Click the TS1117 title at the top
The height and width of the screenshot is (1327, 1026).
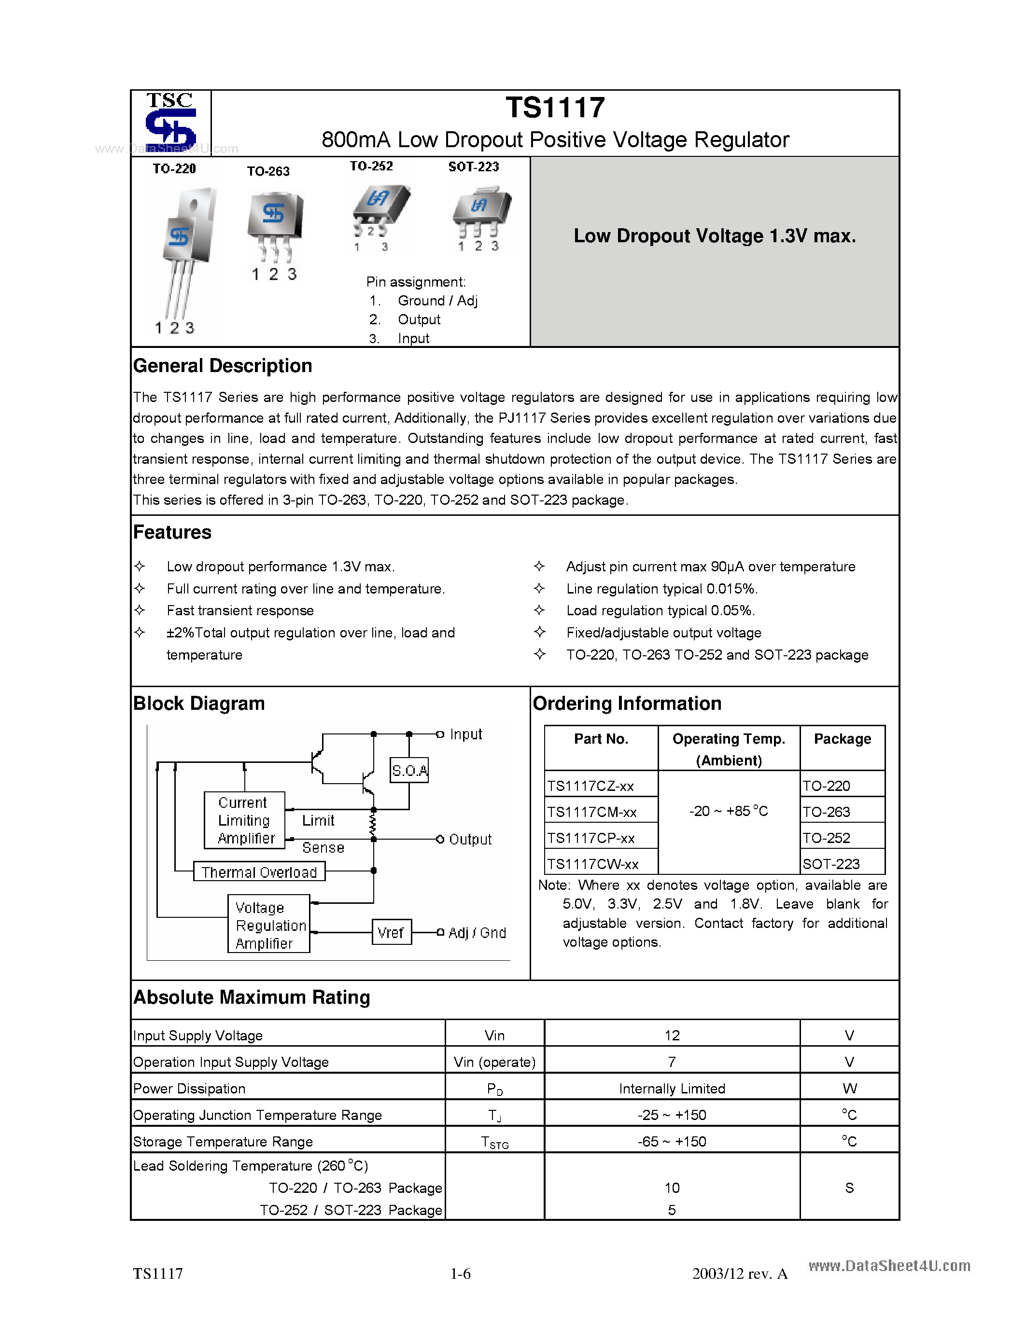pos(555,108)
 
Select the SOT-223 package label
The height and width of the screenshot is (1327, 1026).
pos(474,166)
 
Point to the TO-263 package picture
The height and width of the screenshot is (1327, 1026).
pos(275,225)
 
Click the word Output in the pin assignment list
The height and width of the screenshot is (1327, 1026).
pos(419,319)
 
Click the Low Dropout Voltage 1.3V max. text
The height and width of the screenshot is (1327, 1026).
pos(714,236)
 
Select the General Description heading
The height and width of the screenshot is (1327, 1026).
pos(223,366)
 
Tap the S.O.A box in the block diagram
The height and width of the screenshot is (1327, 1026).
pos(409,771)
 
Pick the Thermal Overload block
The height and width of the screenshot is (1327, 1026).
pos(259,872)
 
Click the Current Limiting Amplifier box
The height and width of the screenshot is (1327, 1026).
pos(244,820)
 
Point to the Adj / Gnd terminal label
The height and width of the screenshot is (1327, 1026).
pos(477,933)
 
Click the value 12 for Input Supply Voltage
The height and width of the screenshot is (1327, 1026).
pos(672,1036)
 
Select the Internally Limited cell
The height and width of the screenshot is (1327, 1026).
pos(672,1089)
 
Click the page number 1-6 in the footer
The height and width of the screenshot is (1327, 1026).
pos(460,1273)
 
